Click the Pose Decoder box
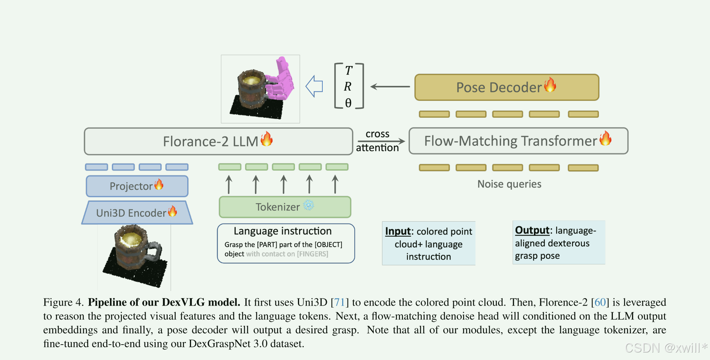click(506, 87)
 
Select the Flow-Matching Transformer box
click(518, 141)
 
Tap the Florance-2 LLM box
click(218, 141)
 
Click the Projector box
click(137, 186)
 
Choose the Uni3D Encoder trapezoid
click(137, 213)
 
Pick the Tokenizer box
click(285, 207)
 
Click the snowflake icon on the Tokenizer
click(308, 205)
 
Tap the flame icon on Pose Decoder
click(550, 85)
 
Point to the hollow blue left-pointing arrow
click(314, 86)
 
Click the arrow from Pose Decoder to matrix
click(390, 87)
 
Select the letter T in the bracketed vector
click(349, 70)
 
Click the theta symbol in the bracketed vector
click(348, 103)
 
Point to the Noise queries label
click(509, 184)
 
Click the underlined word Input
click(398, 231)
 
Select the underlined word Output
click(532, 230)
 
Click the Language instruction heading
click(283, 231)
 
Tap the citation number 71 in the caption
click(339, 302)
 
